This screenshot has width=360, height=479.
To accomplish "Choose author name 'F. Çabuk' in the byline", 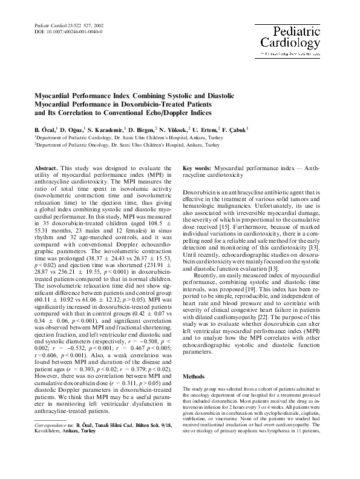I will pyautogui.click(x=231, y=130).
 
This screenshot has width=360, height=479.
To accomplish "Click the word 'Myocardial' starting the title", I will pyautogui.click(x=54, y=95).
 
